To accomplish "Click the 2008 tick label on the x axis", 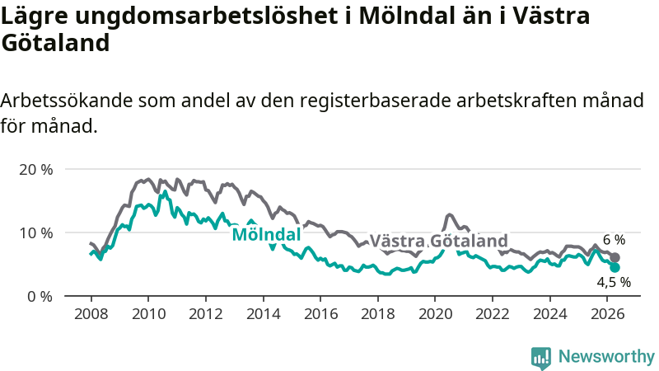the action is coord(91,314).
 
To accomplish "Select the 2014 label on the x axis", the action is coord(263,314).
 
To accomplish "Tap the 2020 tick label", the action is coord(435,314).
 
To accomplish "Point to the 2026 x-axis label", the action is coord(607,314).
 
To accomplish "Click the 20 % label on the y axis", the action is coord(36,170).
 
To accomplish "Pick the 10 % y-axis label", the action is coord(36,233).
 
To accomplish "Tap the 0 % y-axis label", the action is coord(40,297).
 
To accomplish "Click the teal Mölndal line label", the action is coord(266,234).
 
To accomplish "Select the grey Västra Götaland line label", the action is coord(438,242).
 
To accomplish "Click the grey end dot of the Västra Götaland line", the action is coord(615,258).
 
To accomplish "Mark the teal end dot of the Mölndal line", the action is coord(615,267).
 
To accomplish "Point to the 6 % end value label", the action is coord(614,240).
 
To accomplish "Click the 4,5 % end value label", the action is coord(614,282).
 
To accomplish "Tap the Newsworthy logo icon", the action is coord(541,358).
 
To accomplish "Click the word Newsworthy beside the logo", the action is coord(606,356).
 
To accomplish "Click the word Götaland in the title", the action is coord(55,43).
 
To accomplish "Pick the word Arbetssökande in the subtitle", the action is coord(67,101).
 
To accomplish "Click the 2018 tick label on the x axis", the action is coord(378,314).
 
